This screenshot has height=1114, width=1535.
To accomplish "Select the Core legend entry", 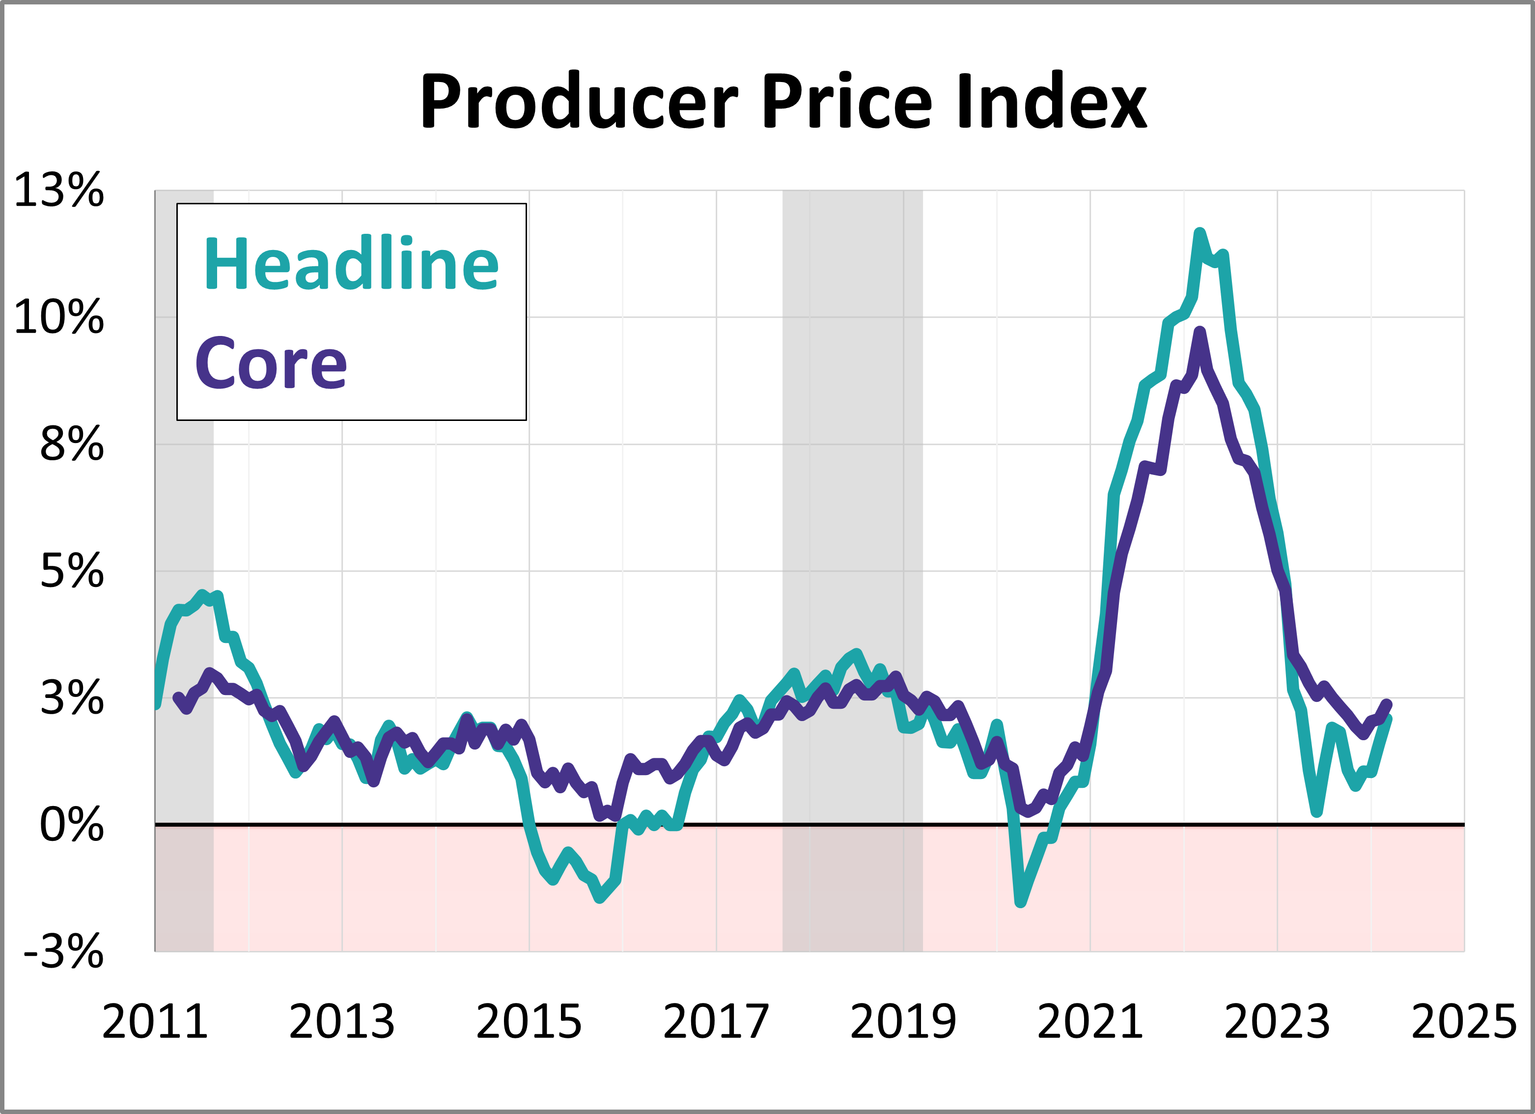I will [x=271, y=363].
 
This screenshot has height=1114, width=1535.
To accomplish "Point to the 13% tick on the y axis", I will [x=59, y=190].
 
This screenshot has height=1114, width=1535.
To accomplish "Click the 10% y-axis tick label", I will [x=59, y=317].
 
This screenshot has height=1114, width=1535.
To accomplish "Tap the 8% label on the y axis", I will [x=72, y=445].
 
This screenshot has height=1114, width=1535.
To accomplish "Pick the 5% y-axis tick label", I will [x=72, y=571].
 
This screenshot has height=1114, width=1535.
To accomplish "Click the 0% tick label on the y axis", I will [x=72, y=825].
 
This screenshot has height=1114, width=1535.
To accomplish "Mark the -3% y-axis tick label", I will [x=64, y=951].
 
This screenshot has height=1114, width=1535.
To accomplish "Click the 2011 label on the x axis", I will [x=155, y=1022].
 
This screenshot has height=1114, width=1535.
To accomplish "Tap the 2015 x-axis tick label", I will [x=529, y=1022].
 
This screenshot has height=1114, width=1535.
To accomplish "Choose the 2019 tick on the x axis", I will [x=903, y=1022].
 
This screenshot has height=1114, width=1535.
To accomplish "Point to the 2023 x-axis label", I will [x=1277, y=1022].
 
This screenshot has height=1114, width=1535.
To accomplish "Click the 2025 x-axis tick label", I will [x=1464, y=1022].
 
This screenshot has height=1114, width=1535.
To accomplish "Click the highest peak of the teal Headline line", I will [x=1200, y=233].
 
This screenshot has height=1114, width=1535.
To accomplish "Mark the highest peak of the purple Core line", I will [x=1200, y=332].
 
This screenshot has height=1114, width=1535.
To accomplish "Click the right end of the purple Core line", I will [x=1388, y=704].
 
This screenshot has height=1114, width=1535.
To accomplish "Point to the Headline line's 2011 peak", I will [x=202, y=594].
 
